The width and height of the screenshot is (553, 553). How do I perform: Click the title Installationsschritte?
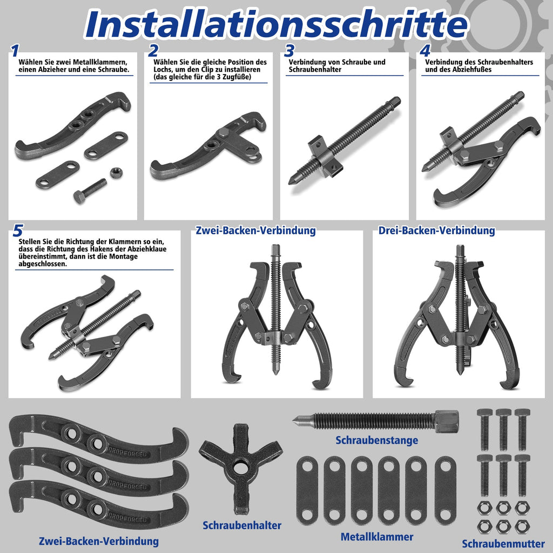[x=276, y=24]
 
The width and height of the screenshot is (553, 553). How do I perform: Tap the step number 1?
[x=15, y=51]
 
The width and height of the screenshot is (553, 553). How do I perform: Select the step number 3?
[x=289, y=51]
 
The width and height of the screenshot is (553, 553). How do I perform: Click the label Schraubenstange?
[x=376, y=440]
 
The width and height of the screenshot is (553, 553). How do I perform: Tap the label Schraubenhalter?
[x=242, y=525]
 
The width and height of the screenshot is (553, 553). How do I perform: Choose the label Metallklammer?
[x=376, y=537]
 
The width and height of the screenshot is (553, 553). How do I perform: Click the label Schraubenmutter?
[x=503, y=544]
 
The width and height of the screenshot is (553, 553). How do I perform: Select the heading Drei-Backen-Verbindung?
[x=436, y=231]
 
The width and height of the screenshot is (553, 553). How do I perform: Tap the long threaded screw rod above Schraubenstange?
[x=378, y=420]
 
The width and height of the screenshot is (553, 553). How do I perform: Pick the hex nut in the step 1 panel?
[x=114, y=173]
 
